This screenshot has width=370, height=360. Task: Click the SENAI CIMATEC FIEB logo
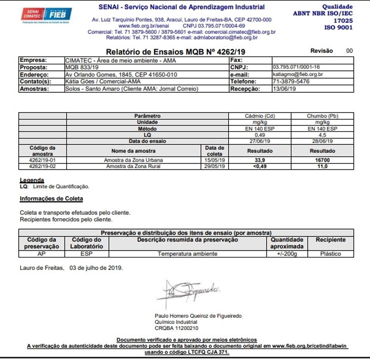click(46, 16)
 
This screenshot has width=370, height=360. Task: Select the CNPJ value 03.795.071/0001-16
click(296, 67)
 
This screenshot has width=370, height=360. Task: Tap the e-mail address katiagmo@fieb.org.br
click(298, 74)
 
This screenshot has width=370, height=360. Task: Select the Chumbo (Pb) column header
click(323, 116)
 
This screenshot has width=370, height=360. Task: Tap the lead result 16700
click(323, 160)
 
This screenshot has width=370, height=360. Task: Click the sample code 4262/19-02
click(43, 166)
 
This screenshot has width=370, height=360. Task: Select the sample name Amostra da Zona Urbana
click(134, 160)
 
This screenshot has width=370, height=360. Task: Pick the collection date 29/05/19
click(215, 166)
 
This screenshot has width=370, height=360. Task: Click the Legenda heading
click(32, 180)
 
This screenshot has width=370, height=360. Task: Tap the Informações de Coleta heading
click(51, 199)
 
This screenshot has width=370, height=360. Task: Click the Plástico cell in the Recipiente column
click(331, 254)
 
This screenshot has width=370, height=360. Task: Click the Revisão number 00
click(349, 51)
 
